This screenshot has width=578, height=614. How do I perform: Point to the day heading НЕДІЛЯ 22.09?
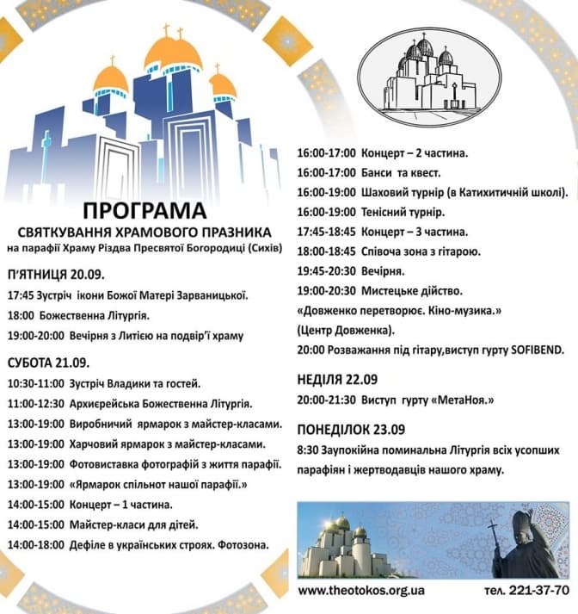336,378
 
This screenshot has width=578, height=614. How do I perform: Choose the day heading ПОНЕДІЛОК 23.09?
350,429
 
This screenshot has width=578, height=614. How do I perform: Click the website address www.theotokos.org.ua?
360,591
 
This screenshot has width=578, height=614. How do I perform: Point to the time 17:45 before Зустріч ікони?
20,295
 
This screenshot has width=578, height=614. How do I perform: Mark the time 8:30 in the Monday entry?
307,450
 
